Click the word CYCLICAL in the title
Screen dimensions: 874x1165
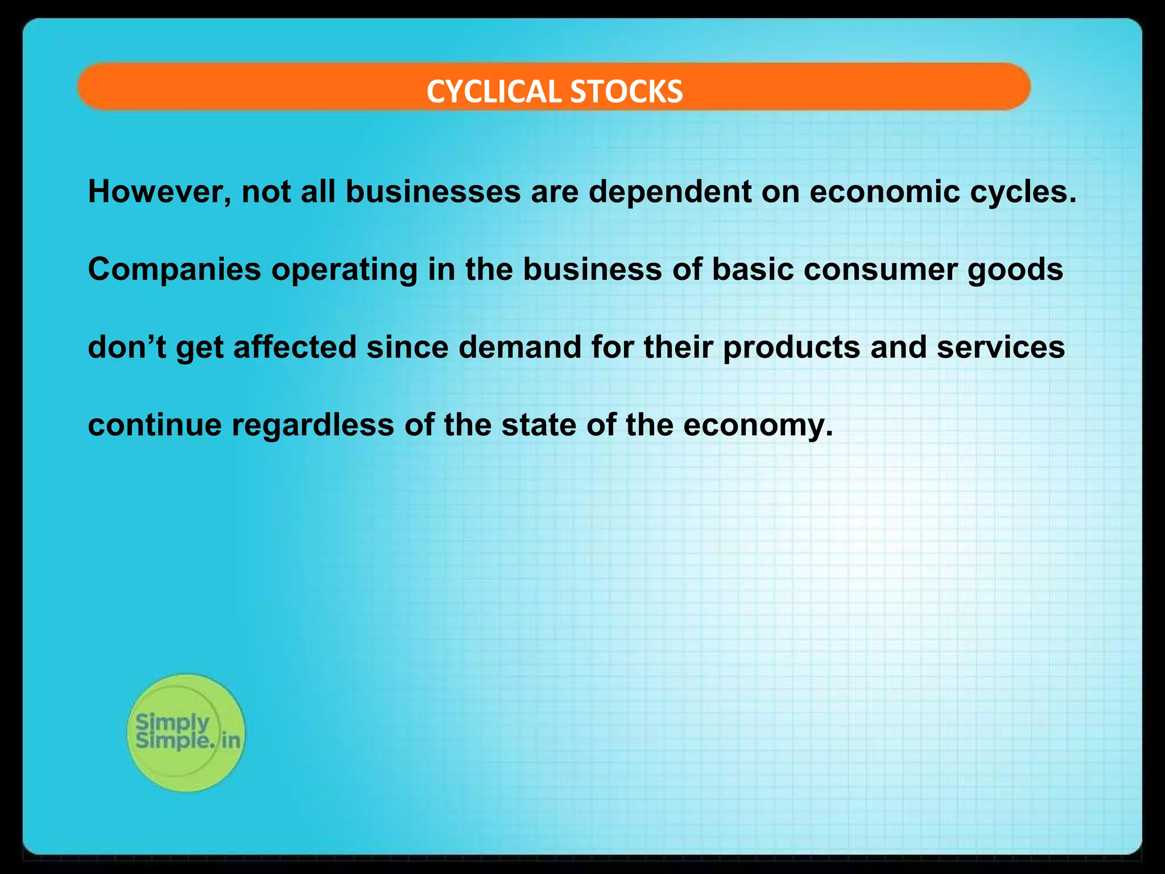click(x=494, y=92)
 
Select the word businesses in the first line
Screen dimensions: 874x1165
click(x=433, y=192)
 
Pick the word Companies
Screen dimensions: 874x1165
click(x=174, y=270)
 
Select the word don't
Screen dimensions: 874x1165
click(x=127, y=347)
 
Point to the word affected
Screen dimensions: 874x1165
click(x=295, y=347)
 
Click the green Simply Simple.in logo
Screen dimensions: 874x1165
click(x=187, y=732)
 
